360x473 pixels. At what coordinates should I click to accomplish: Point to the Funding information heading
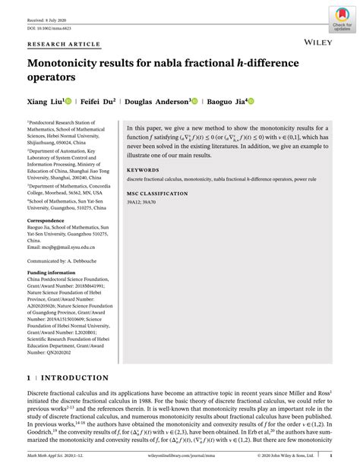click(x=54, y=271)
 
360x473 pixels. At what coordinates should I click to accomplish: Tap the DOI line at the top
click(x=50, y=17)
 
